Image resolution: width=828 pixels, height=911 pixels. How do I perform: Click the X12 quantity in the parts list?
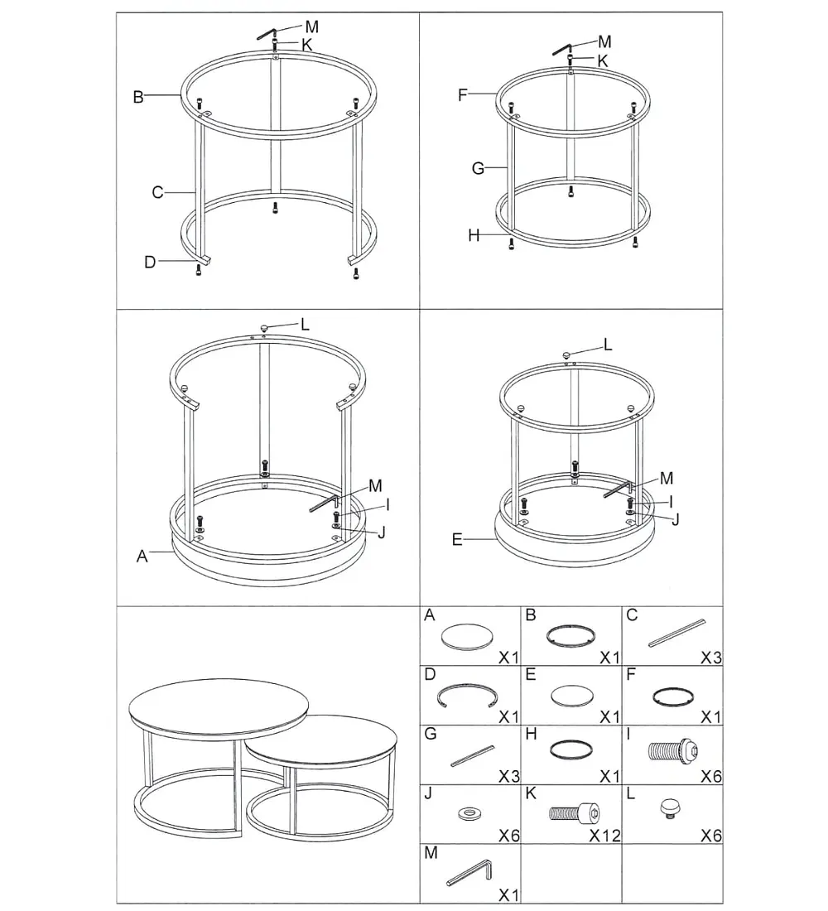[x=605, y=836]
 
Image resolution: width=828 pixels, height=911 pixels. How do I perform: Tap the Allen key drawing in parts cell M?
[x=470, y=873]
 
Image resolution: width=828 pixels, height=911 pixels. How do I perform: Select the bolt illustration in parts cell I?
[x=673, y=750]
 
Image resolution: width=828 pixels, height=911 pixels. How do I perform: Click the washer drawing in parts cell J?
[x=469, y=813]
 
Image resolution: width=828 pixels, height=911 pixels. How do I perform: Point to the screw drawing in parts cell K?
[x=575, y=812]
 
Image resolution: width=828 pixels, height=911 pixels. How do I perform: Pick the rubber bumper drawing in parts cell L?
[x=672, y=809]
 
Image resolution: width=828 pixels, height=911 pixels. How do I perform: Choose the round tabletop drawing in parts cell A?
[x=468, y=637]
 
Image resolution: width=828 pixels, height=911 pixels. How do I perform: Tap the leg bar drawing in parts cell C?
[x=677, y=633]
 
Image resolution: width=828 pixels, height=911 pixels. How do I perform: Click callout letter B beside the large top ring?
[x=138, y=96]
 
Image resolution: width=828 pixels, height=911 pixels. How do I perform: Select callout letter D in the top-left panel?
[x=150, y=262]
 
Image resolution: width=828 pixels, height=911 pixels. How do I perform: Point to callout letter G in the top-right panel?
[x=478, y=168]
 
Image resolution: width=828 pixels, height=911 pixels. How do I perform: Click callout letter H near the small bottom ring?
[x=474, y=235]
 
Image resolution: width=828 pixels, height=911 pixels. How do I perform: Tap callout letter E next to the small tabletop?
[x=457, y=540]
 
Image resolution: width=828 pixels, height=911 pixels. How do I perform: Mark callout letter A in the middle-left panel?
[x=142, y=557]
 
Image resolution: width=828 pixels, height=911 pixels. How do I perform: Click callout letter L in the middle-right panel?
[x=608, y=345]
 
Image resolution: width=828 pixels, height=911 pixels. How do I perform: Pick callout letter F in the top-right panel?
[x=463, y=94]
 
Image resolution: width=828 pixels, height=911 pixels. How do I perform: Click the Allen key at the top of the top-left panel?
[x=268, y=34]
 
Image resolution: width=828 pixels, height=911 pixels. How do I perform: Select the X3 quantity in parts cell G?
[x=509, y=776]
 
